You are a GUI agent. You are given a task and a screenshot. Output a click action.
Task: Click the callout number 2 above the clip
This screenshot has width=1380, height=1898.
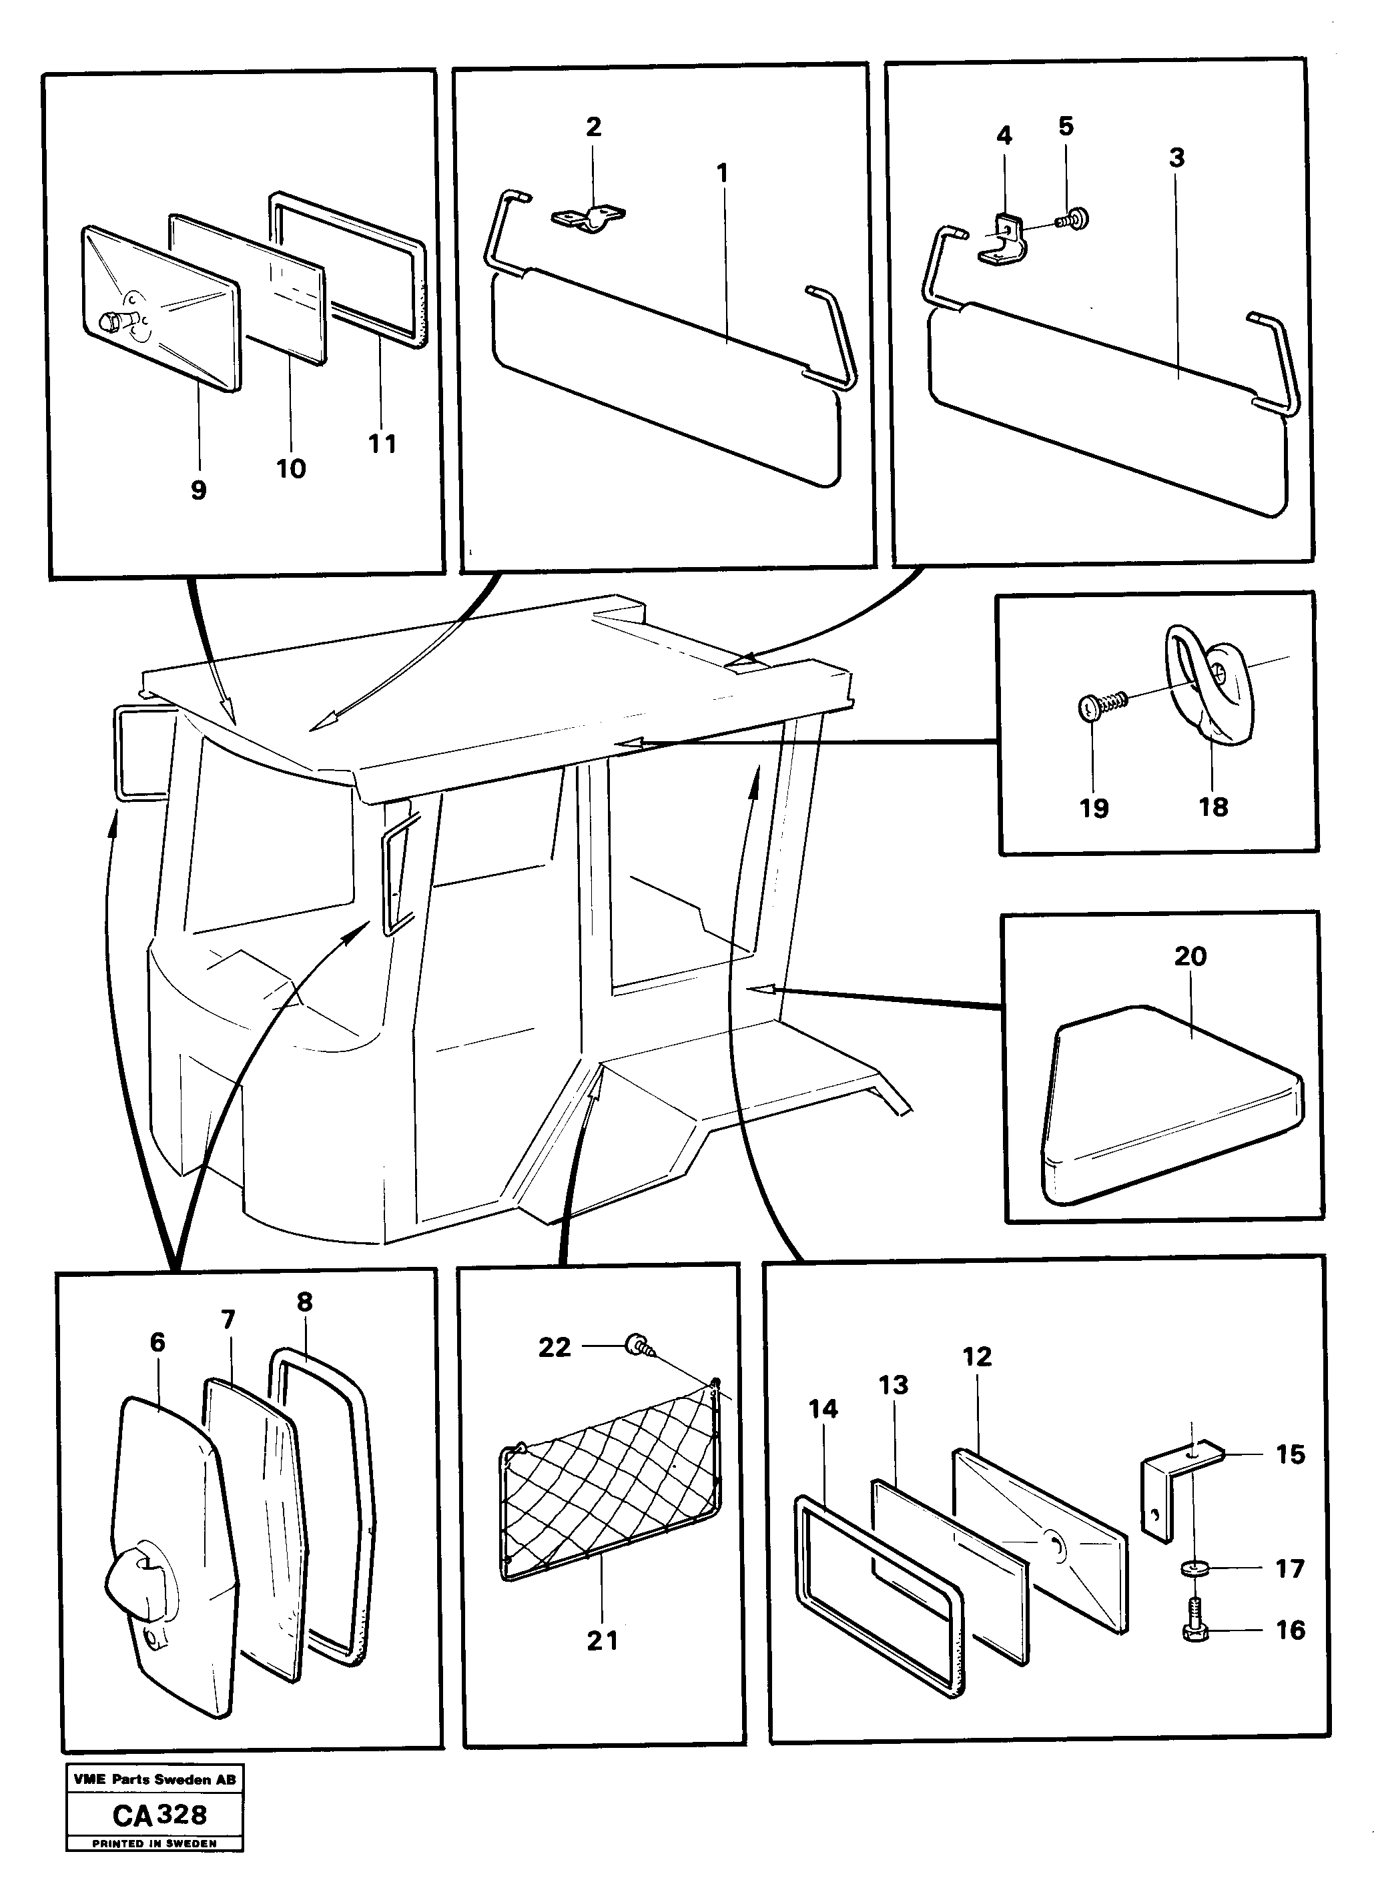(593, 127)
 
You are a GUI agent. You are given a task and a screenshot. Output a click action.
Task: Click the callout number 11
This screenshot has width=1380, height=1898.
(382, 444)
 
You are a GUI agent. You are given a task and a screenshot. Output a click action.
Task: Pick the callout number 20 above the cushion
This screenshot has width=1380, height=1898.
(1190, 956)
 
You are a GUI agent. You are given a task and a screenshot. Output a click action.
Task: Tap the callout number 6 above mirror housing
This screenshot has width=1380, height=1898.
(157, 1342)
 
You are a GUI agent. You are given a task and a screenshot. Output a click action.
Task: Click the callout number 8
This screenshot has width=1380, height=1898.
(304, 1302)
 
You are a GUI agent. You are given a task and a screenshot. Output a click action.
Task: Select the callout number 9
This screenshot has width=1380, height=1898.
(198, 490)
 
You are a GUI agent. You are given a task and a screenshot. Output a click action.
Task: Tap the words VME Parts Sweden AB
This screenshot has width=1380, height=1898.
(155, 1780)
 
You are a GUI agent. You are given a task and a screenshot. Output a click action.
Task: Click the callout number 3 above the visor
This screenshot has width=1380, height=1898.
(1176, 157)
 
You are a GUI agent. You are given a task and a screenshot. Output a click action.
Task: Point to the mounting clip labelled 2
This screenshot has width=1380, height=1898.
(589, 220)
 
